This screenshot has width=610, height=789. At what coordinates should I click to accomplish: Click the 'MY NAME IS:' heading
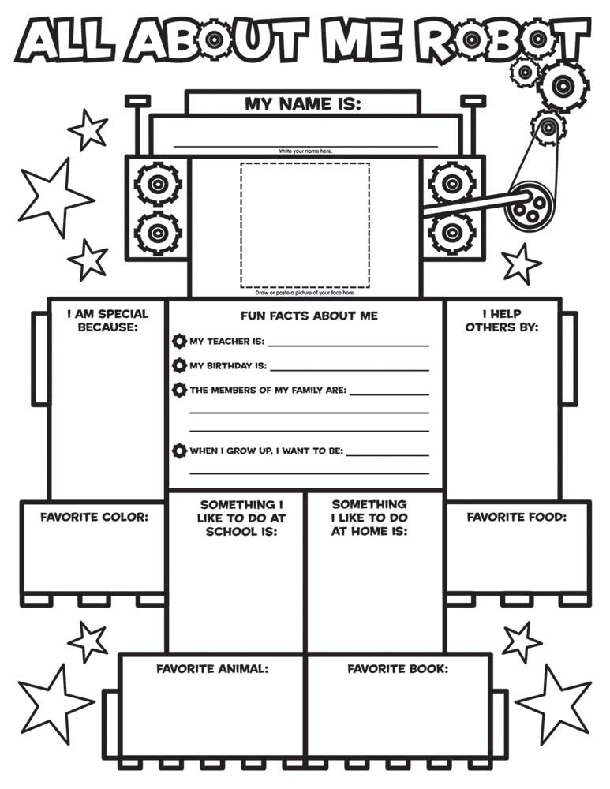coord(303,104)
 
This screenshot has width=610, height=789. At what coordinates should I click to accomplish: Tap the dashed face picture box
coord(305,225)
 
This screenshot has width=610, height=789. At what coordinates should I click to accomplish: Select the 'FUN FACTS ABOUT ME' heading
coord(309,316)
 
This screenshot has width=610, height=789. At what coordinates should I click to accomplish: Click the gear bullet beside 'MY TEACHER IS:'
coord(178,341)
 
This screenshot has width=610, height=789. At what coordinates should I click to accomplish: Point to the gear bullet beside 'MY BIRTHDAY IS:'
coord(178,365)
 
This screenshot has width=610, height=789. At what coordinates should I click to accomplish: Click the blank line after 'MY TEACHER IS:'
coord(348,346)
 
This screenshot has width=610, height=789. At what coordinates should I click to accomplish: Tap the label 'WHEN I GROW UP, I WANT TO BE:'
coord(266,451)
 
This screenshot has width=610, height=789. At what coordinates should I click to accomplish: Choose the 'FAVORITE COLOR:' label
coord(95,517)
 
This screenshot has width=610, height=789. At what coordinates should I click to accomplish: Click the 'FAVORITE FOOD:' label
coord(516,517)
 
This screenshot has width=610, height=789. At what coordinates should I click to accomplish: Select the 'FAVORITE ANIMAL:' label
coord(212,669)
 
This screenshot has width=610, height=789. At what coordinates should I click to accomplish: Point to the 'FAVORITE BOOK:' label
coord(398,669)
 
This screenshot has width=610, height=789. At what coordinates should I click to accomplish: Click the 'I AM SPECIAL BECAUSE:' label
coord(107,320)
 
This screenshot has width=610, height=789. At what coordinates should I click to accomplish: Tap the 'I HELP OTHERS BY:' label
coord(502,320)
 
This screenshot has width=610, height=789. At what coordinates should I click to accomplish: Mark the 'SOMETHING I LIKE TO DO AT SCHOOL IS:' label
coord(241,518)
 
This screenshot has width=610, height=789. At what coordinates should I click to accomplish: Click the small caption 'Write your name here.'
coord(305,151)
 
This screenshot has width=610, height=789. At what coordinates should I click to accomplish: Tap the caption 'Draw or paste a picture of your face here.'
coord(305,293)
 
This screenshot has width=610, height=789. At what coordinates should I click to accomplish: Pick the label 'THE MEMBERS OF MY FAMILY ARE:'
coord(268,390)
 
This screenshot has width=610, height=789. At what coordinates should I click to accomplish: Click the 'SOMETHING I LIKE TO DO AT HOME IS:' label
coord(369,518)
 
